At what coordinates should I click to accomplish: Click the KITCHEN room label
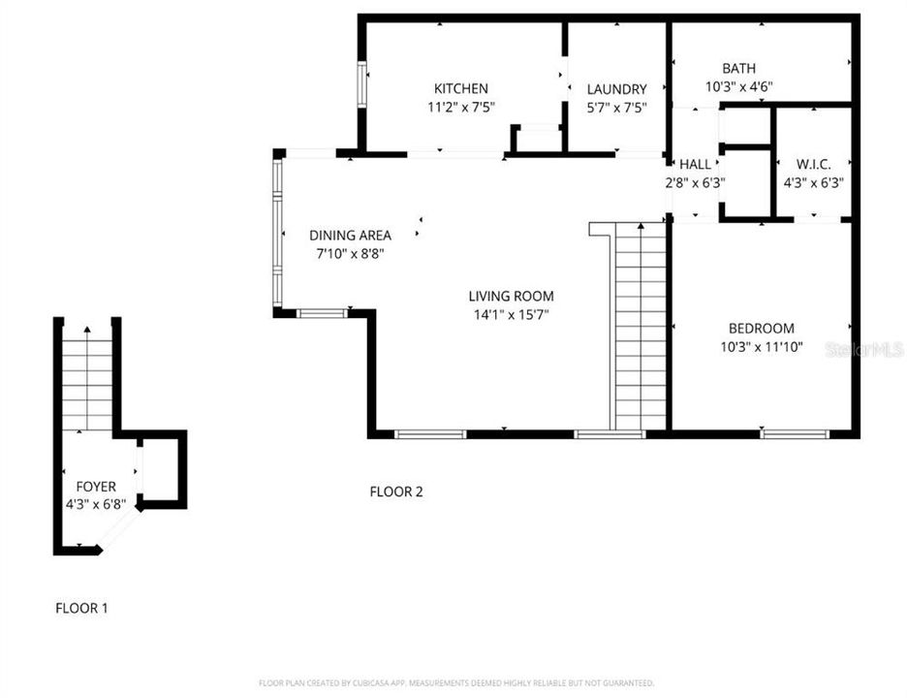click(x=460, y=88)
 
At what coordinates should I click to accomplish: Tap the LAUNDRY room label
click(x=616, y=89)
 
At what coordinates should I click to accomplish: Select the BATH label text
click(x=738, y=68)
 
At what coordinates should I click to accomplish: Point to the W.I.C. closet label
click(x=813, y=164)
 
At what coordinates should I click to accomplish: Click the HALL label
click(x=695, y=164)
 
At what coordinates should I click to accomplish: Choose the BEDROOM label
click(x=761, y=329)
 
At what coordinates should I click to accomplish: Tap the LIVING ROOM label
click(x=511, y=296)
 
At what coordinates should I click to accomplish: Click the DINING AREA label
click(x=350, y=235)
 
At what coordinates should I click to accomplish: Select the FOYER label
click(x=96, y=486)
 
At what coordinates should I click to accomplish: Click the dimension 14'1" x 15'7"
click(x=511, y=314)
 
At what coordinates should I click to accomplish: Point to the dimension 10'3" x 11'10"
click(x=761, y=346)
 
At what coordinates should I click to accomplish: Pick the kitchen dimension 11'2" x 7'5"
click(x=460, y=108)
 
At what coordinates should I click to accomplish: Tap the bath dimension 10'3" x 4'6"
click(x=738, y=86)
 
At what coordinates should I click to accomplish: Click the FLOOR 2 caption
click(x=396, y=492)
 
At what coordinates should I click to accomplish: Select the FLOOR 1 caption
click(x=81, y=608)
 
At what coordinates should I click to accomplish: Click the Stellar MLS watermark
click(x=863, y=349)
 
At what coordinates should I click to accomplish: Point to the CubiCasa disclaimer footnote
click(x=455, y=682)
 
